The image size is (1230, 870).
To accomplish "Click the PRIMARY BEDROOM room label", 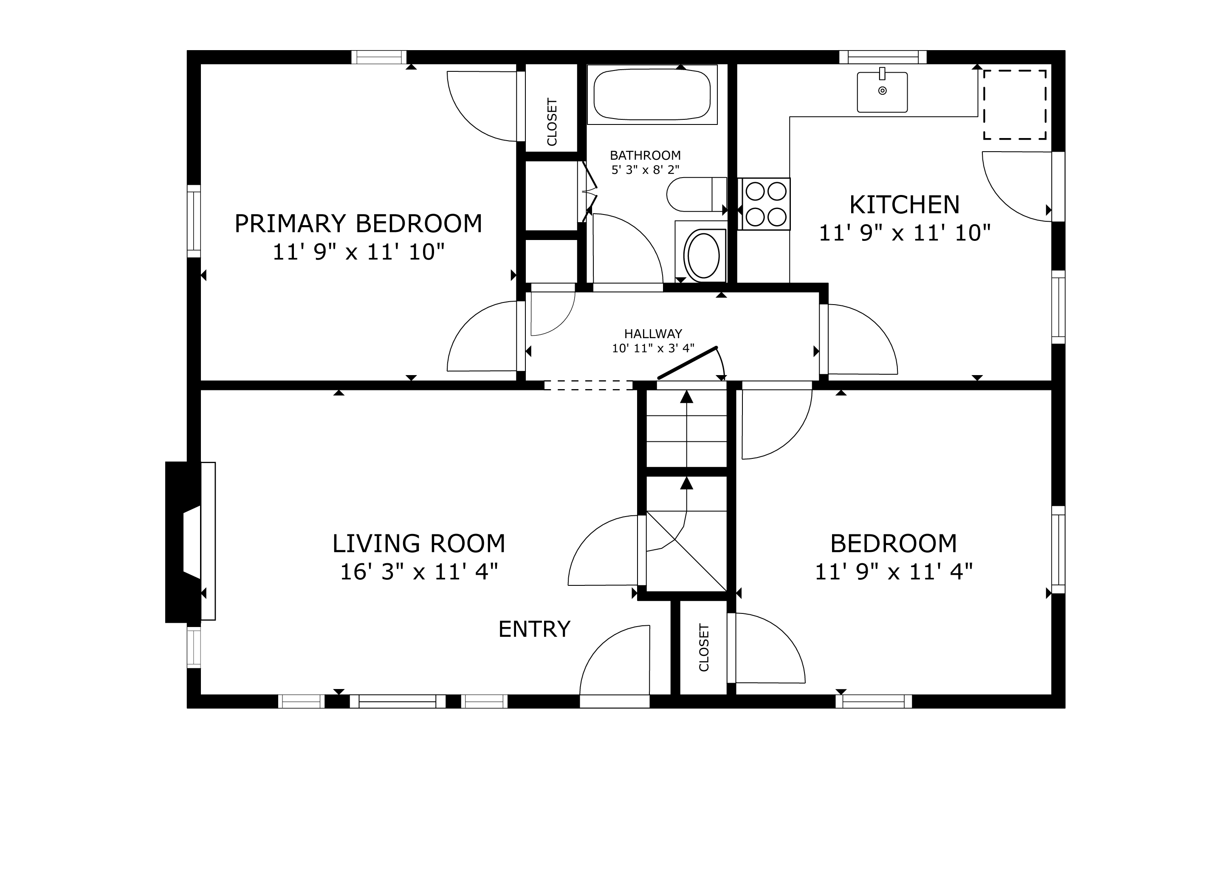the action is pos(358,223).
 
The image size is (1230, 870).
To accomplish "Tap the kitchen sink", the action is pos(882,92).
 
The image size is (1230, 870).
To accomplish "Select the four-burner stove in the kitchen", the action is pos(764,204).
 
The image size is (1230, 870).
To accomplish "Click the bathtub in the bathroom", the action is pos(652,94).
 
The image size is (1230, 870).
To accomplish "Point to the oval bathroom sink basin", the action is pos(703,255).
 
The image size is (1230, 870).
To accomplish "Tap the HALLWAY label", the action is pos(653,334).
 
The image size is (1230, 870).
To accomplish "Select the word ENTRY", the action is pos(534,629).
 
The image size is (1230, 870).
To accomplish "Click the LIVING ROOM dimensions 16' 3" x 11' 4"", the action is pos(419,572).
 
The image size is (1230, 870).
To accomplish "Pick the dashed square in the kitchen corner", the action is pos(1015,105).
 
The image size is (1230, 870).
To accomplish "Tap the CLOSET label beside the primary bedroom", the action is pos(552,121).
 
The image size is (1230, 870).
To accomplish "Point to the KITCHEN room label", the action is pos(904,205).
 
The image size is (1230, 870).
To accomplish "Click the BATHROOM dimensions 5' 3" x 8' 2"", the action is pos(646,170).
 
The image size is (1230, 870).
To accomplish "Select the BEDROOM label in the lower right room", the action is pos(894,544).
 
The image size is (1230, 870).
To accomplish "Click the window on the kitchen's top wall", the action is pos(882,57).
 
